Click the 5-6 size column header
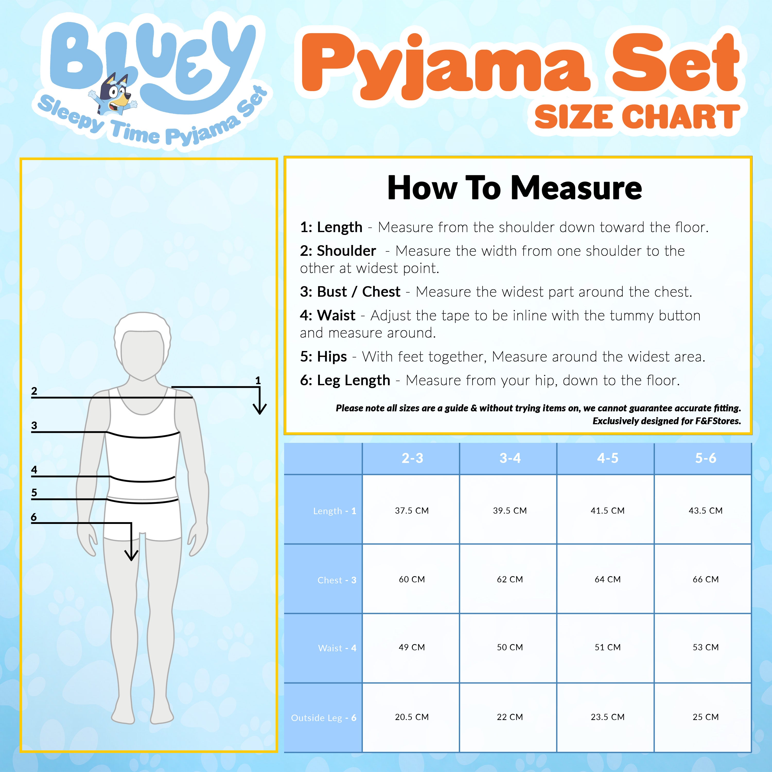[706, 458]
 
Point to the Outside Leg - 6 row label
[324, 718]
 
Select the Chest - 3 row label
[337, 580]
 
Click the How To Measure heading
[515, 188]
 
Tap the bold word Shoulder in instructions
[346, 251]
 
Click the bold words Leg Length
[353, 380]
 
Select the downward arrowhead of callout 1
[260, 408]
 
